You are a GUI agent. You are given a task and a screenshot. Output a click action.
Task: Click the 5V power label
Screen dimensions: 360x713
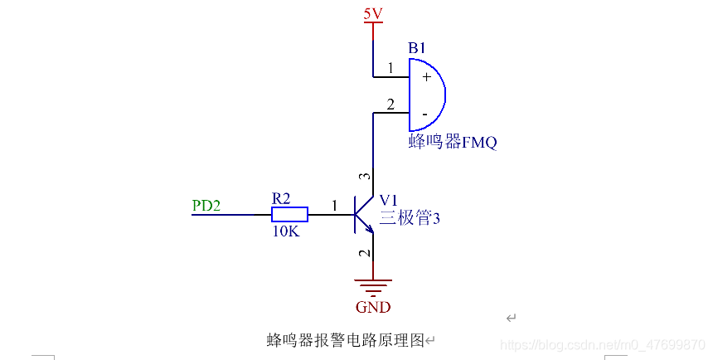point(372,13)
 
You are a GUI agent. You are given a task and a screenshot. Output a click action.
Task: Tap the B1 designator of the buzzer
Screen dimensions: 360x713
point(417,48)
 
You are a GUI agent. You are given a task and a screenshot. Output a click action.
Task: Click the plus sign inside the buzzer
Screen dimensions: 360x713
point(425,76)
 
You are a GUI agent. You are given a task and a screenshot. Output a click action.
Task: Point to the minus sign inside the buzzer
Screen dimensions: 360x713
point(424,112)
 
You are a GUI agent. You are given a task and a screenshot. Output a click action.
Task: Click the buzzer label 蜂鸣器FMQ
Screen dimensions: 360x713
point(453,142)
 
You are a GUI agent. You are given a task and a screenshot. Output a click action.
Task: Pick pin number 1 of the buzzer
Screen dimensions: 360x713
point(390,67)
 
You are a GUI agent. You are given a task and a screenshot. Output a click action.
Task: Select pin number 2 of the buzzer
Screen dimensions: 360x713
point(390,105)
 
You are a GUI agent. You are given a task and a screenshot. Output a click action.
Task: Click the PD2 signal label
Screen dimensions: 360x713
point(206,205)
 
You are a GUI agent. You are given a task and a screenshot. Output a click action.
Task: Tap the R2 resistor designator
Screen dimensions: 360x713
point(281,198)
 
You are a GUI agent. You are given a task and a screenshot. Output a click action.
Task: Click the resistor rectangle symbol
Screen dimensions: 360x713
point(289,215)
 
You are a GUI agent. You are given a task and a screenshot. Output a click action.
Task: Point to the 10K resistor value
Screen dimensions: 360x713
point(285,232)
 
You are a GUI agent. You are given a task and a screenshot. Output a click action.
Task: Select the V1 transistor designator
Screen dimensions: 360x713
point(389,200)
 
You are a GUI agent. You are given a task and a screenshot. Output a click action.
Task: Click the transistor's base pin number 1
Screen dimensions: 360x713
point(334,205)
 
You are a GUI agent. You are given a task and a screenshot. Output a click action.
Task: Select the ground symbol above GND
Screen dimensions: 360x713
point(373,288)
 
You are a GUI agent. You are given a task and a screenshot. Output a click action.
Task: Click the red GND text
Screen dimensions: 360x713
point(373,308)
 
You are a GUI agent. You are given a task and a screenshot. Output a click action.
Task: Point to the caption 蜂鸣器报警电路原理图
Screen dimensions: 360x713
point(346,340)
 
